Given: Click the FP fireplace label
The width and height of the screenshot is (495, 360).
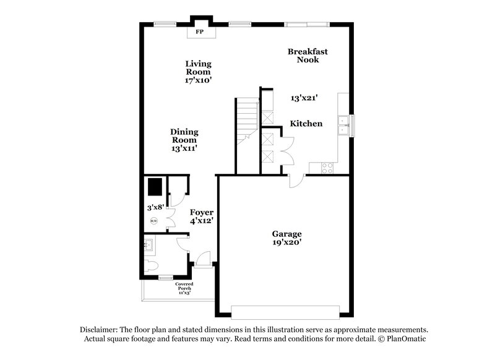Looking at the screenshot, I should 200,32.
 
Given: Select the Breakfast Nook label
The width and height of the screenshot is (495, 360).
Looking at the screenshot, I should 308,56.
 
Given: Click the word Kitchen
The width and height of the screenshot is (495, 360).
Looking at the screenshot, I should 306,124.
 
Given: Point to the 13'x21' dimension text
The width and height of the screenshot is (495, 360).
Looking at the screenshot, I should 304,98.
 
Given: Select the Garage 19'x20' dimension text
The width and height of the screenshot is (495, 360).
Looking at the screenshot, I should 287,243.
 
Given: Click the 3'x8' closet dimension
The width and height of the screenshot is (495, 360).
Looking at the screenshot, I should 155,208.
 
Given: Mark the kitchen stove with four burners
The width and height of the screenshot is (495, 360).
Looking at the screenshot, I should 327,167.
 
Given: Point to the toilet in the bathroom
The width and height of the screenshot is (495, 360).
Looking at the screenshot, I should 150,266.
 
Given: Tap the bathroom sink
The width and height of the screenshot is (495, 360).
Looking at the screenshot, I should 149,246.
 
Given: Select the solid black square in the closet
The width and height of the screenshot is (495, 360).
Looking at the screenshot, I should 154,186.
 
